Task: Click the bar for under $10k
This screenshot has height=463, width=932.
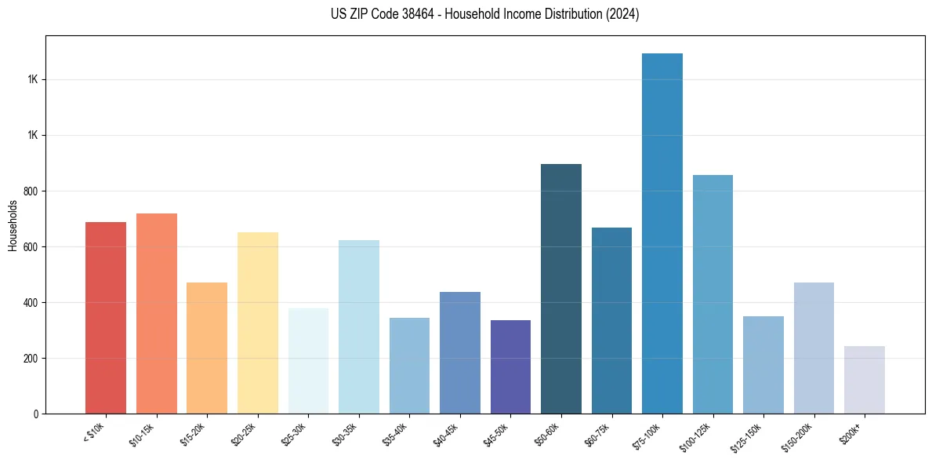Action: pos(106,318)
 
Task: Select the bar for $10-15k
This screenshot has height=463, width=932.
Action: pos(157,314)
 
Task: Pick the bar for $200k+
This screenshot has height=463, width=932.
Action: pos(865,380)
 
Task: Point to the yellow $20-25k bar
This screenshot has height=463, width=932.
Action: pos(258,323)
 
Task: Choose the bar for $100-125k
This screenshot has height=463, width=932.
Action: pos(713,294)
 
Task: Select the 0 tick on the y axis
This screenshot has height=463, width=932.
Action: pos(38,414)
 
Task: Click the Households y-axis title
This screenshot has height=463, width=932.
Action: pos(13,225)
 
